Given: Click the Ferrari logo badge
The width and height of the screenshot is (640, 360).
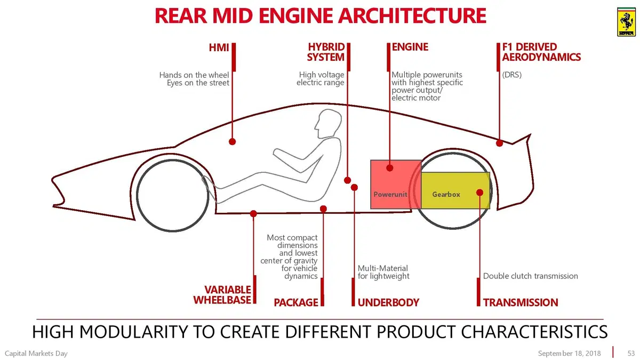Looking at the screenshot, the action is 626,22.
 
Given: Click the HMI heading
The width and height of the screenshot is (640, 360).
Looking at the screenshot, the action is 219,47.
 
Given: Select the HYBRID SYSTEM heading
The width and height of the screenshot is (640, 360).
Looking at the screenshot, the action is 326,52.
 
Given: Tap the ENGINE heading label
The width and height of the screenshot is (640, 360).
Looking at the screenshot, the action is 410,47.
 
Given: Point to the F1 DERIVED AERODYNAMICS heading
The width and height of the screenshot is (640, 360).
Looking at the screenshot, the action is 541,52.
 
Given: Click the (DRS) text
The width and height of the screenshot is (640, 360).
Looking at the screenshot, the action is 511,75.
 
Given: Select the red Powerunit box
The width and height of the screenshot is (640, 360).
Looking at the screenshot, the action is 396,185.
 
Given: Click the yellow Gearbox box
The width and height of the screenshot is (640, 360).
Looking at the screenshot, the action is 455,190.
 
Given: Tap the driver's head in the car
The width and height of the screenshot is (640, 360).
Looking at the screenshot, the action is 329,124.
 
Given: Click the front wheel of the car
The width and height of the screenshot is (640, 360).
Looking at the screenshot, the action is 173,195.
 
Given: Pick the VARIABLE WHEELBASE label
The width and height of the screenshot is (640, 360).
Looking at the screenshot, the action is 222,295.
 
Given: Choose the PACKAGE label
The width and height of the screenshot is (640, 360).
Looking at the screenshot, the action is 295,302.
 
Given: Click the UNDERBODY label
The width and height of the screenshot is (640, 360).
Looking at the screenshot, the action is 388,302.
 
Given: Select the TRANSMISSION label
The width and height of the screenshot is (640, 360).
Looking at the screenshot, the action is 521,302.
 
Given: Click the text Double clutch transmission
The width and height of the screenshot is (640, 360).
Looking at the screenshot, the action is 530,276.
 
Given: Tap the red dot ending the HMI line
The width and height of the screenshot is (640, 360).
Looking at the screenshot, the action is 233,141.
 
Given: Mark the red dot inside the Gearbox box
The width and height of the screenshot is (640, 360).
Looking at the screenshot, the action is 479,193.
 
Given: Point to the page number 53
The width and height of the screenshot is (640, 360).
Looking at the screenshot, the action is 631,353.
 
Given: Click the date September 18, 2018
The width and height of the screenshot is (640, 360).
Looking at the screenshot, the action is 569,354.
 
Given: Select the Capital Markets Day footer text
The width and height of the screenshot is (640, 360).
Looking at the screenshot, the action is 36,354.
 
